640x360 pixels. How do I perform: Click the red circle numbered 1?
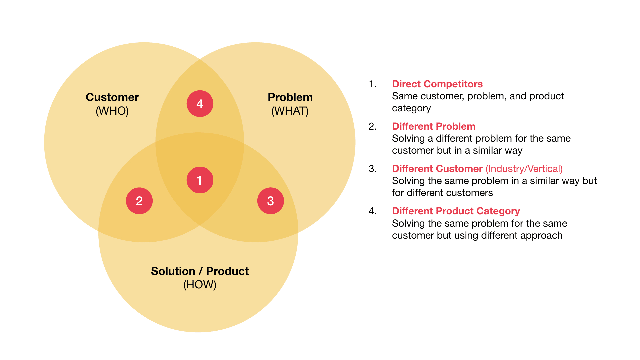coord(200,180)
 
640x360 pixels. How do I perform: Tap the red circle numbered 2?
coord(139,201)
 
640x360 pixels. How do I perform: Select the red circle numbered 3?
coord(271,201)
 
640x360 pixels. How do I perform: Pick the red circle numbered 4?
coord(200,104)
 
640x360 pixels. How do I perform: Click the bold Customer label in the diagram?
coord(112,97)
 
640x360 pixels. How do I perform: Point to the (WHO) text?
coord(112,111)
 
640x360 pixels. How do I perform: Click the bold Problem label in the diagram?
coord(290,97)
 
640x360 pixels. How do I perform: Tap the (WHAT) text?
coord(290,111)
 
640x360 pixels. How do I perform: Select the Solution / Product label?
coord(200,271)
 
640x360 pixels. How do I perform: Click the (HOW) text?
coord(200,285)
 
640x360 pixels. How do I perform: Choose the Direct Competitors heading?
coord(437,84)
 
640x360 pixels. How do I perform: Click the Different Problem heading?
coord(434,126)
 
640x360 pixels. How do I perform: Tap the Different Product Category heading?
coord(456,211)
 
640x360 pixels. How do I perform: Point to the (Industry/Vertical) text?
coord(524,169)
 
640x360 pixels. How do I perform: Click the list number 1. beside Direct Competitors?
coord(373,84)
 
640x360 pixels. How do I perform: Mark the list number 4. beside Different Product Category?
coord(373,211)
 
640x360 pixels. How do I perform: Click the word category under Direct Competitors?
coord(411,108)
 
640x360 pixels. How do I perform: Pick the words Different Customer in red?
coord(437,169)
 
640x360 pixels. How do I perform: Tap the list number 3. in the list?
coord(373,169)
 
